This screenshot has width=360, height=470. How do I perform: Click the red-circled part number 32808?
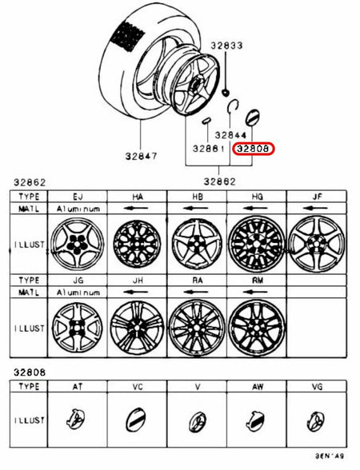254,149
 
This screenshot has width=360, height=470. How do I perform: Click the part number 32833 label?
226,46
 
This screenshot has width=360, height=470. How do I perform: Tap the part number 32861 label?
206,149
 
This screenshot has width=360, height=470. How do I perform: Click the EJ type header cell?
78,196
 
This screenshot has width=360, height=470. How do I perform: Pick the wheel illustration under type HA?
138,241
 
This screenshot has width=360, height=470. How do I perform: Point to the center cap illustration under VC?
138,420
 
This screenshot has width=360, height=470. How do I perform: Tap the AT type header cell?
78,385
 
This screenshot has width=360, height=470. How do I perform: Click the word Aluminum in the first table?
78,208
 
